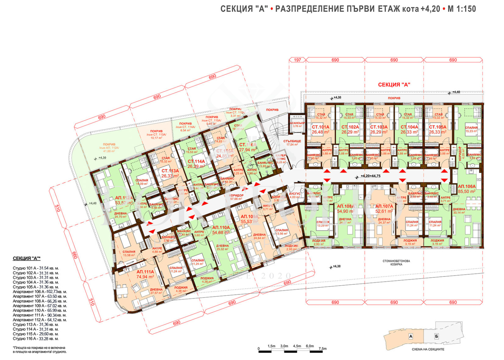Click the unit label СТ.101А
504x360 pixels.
point(320,127)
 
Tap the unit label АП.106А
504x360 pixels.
point(467,186)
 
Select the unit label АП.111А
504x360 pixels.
point(145,272)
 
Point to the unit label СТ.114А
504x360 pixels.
point(196,161)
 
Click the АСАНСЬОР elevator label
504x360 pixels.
point(297,123)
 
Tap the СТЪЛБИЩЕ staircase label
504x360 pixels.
point(292,141)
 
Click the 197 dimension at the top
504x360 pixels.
point(297,60)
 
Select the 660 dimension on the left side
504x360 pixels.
point(75,255)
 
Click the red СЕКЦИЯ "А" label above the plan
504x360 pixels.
point(394,84)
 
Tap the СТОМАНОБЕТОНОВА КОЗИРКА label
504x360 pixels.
point(396,263)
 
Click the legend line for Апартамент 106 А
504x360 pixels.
point(40,292)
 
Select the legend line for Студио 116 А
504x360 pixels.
point(36,339)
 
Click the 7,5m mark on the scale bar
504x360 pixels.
point(323,348)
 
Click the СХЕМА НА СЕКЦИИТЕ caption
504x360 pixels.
point(428,349)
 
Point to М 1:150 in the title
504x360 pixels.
point(462,9)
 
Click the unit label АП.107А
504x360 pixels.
point(384,206)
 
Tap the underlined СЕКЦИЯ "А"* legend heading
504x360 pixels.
point(27,258)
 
